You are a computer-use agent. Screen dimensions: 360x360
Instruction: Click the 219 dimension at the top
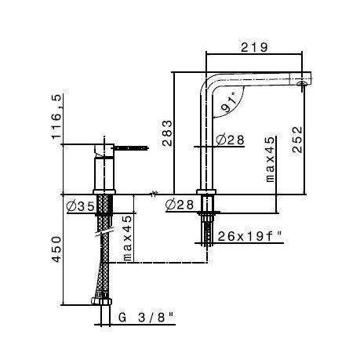(x=255, y=46)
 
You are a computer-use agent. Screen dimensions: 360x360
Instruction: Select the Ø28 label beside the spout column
(x=229, y=140)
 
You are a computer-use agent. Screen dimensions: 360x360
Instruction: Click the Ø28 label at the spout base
(x=181, y=205)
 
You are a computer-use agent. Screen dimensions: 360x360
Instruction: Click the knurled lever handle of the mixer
(x=133, y=146)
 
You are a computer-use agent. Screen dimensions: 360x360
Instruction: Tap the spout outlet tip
(x=304, y=82)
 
